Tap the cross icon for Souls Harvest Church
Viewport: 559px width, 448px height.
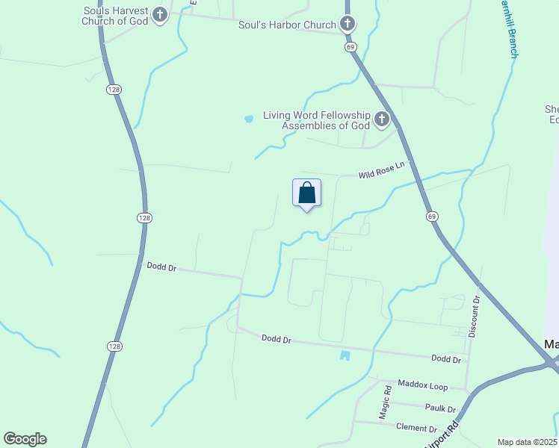click(x=159, y=15)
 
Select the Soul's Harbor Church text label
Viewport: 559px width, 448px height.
click(x=287, y=25)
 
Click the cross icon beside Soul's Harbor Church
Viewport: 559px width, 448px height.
click(x=347, y=25)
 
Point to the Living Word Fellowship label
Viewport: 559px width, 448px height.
click(x=316, y=120)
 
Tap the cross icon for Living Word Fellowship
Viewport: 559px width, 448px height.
click(x=382, y=119)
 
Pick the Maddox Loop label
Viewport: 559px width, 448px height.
click(x=422, y=386)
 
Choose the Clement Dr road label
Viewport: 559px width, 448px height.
click(x=417, y=429)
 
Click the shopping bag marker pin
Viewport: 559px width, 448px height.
click(x=306, y=193)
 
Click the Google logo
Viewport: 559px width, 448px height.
click(x=25, y=439)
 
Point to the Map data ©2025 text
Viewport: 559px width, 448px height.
click(x=527, y=442)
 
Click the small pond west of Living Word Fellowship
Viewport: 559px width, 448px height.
click(x=248, y=118)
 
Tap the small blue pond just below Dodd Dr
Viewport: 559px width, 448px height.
click(x=345, y=355)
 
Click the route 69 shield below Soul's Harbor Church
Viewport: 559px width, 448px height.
click(x=350, y=46)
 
